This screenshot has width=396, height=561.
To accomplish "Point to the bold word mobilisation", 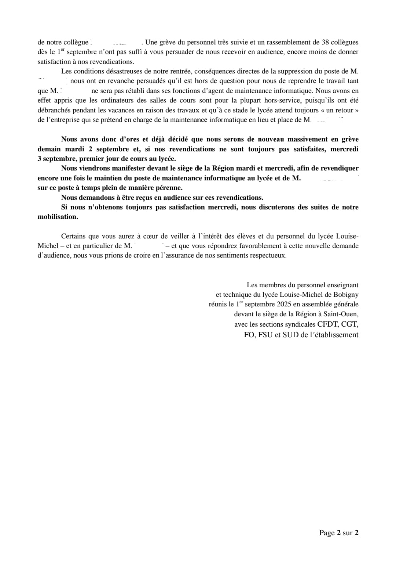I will [x=58, y=217].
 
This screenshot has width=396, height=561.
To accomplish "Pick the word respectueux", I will [x=268, y=255].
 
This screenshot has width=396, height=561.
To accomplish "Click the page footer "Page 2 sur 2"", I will [x=338, y=533].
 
